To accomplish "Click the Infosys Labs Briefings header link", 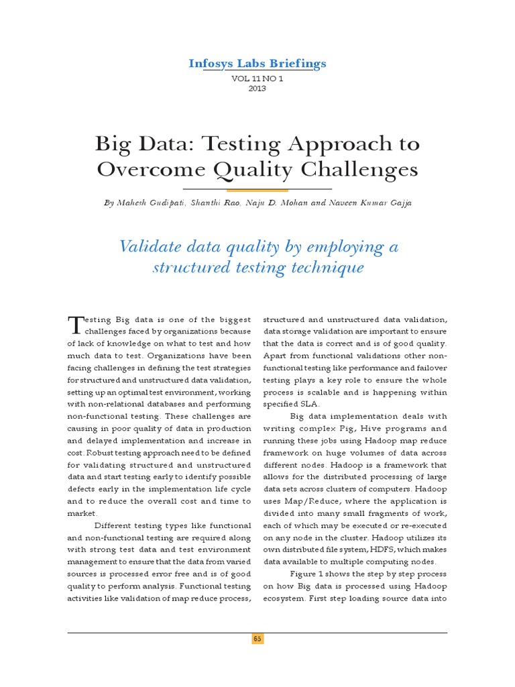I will pyautogui.click(x=257, y=64).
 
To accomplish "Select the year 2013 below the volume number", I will pyautogui.click(x=257, y=89).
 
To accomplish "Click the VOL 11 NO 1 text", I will pyautogui.click(x=257, y=78).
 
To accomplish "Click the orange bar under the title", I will pyautogui.click(x=257, y=190).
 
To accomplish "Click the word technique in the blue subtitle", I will pyautogui.click(x=323, y=268).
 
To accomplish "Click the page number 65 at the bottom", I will pyautogui.click(x=257, y=639).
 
